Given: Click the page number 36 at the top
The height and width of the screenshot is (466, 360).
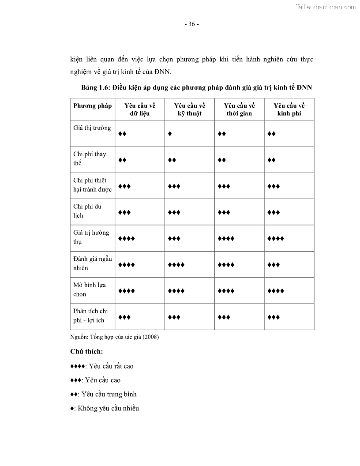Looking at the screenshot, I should click(191, 24).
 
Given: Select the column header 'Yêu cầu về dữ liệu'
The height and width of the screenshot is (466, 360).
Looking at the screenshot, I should click(140, 109).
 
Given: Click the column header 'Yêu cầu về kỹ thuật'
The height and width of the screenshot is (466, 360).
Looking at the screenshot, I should click(190, 109).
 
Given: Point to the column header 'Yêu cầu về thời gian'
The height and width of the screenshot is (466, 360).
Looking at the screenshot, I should click(240, 109).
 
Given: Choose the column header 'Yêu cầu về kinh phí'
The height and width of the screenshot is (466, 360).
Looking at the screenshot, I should click(289, 109).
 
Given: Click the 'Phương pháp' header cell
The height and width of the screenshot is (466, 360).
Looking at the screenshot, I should click(93, 105).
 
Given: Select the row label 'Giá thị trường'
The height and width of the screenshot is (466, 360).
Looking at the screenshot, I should click(92, 128).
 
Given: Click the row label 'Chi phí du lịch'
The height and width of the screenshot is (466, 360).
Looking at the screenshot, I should click(87, 211).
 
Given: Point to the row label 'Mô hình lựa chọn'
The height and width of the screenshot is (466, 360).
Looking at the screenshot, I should click(89, 289).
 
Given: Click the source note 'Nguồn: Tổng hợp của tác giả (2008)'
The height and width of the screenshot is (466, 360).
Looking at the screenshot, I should click(114, 338).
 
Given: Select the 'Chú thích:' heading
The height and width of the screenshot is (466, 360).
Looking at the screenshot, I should click(86, 352).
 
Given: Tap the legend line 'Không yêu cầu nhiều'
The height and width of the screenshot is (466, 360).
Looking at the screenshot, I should click(105, 408).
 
